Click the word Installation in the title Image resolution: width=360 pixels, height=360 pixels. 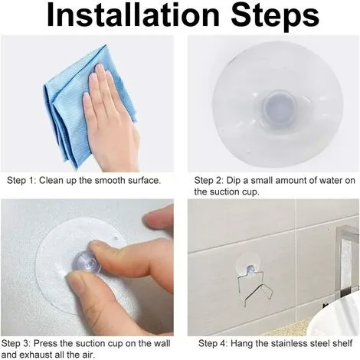click(x=133, y=15)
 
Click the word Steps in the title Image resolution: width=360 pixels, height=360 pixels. click(x=274, y=16)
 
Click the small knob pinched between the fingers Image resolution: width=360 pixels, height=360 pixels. click(x=86, y=263)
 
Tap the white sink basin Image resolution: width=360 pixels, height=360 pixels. click(x=335, y=320)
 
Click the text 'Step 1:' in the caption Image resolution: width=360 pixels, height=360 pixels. click(x=22, y=181)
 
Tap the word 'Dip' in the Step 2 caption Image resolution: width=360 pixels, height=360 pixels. click(x=234, y=181)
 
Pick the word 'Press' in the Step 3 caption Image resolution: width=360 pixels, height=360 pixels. click(x=46, y=343)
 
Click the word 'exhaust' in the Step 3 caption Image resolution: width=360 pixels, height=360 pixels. click(x=34, y=355)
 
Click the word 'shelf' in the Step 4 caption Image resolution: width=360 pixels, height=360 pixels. click(x=342, y=343)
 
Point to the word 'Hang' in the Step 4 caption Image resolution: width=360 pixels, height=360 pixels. click(x=241, y=344)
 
